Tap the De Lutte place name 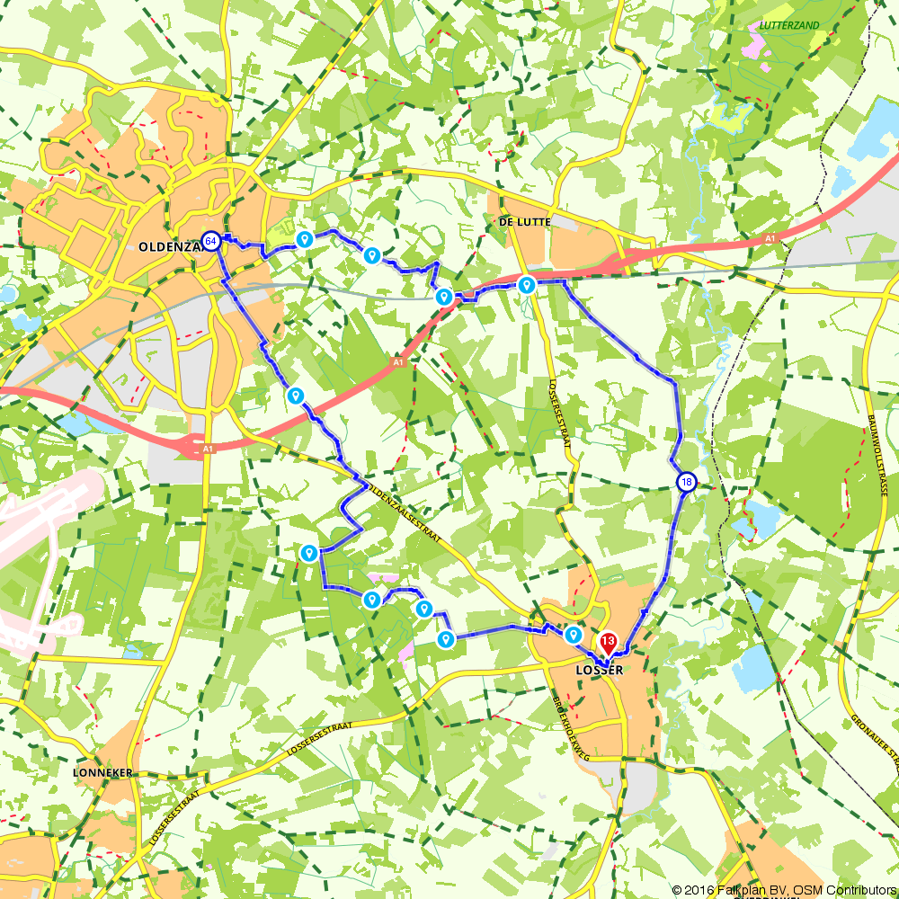pyautogui.click(x=522, y=221)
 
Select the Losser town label pyautogui.click(x=598, y=670)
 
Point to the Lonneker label pyautogui.click(x=104, y=772)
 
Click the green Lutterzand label pyautogui.click(x=789, y=25)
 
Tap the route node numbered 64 pyautogui.click(x=210, y=241)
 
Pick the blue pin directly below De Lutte pyautogui.click(x=527, y=285)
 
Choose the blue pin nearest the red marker pyautogui.click(x=573, y=636)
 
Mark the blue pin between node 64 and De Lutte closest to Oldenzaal pyautogui.click(x=304, y=239)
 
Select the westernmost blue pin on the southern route pyautogui.click(x=309, y=553)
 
